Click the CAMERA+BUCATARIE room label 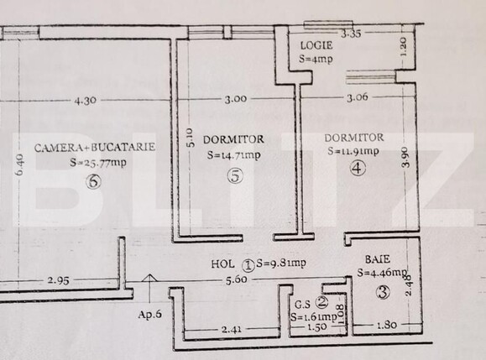[x=95, y=147]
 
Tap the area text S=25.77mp [x=98, y=163]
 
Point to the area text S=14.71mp [x=233, y=155]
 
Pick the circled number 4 [x=358, y=168]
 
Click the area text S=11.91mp [x=353, y=152]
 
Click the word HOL [x=223, y=263]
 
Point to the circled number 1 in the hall [x=248, y=263]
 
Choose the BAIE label [x=376, y=258]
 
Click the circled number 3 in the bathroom [x=384, y=293]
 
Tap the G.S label [x=300, y=304]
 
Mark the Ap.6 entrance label [x=149, y=315]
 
